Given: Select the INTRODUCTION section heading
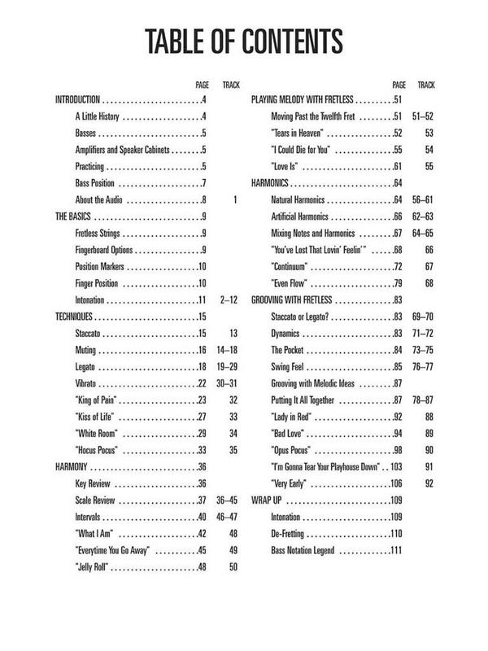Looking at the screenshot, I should (77, 99).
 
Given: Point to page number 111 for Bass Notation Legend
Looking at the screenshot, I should (398, 551).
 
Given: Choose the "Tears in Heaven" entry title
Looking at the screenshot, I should (298, 133).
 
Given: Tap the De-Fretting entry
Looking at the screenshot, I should (292, 533).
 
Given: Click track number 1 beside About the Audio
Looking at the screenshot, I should (233, 199).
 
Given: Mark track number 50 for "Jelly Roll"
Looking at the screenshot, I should (233, 566).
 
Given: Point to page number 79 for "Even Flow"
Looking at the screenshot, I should (399, 282).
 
